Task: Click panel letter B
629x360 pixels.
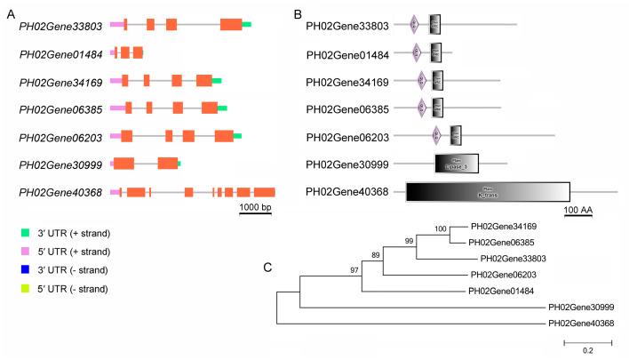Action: [x=299, y=15]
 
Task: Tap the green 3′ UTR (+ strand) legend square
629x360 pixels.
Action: [x=26, y=233]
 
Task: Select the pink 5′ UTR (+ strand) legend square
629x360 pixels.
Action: [x=26, y=252]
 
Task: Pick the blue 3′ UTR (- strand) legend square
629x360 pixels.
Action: [x=26, y=270]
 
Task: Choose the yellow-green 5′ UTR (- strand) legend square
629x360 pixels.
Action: [x=26, y=289]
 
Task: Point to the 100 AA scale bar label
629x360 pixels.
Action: [x=578, y=209]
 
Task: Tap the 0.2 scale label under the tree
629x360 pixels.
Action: [x=588, y=350]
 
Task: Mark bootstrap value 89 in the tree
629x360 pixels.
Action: [x=377, y=256]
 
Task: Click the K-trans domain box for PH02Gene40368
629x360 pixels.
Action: [x=487, y=191]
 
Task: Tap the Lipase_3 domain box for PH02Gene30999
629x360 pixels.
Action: [x=457, y=163]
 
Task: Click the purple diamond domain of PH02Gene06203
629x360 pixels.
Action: [x=436, y=135]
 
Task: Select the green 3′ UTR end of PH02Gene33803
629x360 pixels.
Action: [x=247, y=25]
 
